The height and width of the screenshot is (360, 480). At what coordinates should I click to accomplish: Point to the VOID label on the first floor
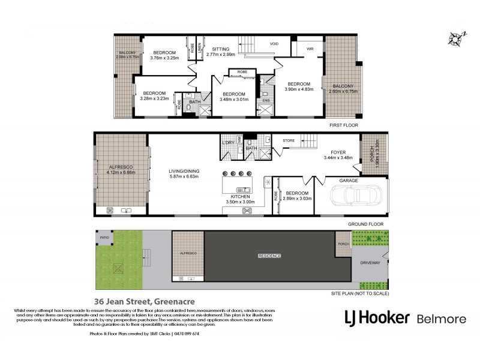pos(274,44)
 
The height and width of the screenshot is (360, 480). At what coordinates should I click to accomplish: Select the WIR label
pos(310,49)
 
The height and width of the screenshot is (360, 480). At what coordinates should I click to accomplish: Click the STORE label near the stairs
pos(289,141)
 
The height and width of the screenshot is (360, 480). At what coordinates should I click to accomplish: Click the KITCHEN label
pos(239,196)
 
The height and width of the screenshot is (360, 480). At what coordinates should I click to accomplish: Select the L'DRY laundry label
pos(228,142)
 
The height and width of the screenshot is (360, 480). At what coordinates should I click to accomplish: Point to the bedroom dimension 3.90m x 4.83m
pos(298,90)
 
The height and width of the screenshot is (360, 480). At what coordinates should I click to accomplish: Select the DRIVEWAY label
pos(370,263)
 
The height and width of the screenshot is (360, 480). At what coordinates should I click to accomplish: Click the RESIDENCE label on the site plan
pos(269,256)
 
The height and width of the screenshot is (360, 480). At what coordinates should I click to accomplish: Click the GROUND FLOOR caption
pos(365,224)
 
